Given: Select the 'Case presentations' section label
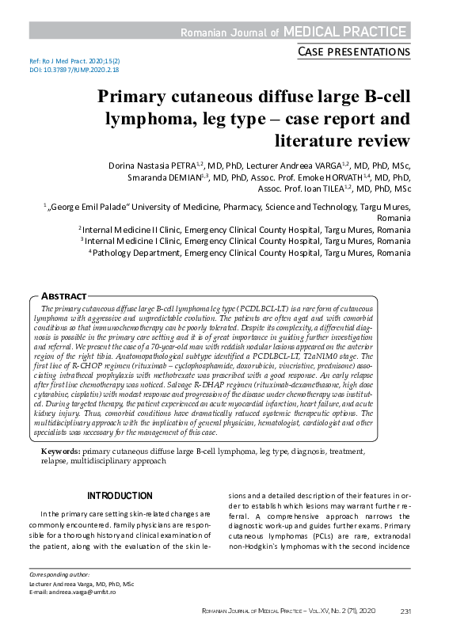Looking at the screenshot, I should [353, 52].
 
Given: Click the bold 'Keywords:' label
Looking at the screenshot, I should [60, 450].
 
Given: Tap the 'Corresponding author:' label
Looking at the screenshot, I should [59, 573].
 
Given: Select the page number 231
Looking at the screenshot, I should [406, 611].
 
